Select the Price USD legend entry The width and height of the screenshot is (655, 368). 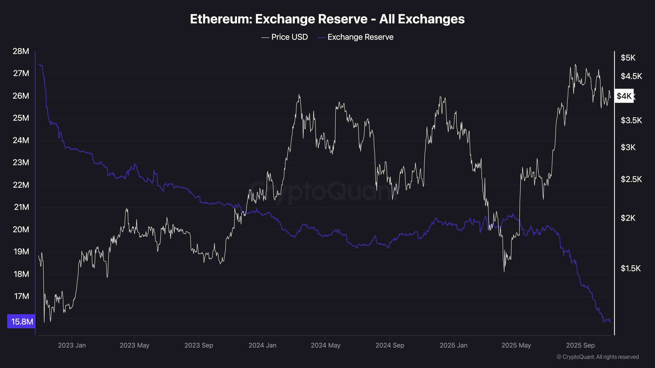[285, 37]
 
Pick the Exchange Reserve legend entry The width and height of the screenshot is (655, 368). [355, 37]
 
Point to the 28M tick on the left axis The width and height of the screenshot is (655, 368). [21, 51]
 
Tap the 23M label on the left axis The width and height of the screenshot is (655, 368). [21, 162]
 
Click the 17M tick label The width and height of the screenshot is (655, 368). [21, 296]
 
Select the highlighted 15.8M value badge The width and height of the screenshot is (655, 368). [21, 321]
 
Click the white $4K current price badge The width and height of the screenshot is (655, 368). [624, 96]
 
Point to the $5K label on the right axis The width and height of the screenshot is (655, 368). [628, 57]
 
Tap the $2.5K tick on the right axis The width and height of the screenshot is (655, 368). [631, 179]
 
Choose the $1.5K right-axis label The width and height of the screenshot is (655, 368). [630, 268]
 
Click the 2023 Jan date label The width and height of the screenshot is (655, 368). [72, 345]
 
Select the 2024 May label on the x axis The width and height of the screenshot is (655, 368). [325, 345]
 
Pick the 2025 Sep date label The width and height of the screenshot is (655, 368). [580, 345]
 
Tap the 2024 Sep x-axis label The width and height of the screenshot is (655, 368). [389, 345]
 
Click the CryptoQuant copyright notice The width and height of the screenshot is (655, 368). [598, 357]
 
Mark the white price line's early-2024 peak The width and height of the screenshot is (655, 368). [299, 95]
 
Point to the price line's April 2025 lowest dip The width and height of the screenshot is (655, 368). [504, 271]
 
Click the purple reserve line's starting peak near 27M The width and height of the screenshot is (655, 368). [39, 64]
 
